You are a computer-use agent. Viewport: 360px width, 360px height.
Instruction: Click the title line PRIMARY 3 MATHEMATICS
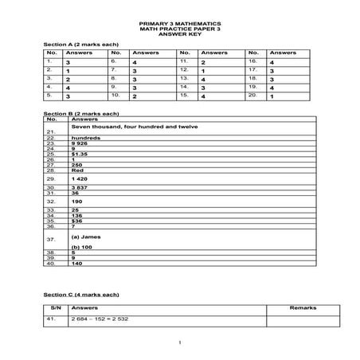point(181,25)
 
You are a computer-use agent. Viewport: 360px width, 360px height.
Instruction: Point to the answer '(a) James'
point(87,237)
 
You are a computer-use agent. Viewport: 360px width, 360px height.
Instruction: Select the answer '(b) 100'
point(83,247)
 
